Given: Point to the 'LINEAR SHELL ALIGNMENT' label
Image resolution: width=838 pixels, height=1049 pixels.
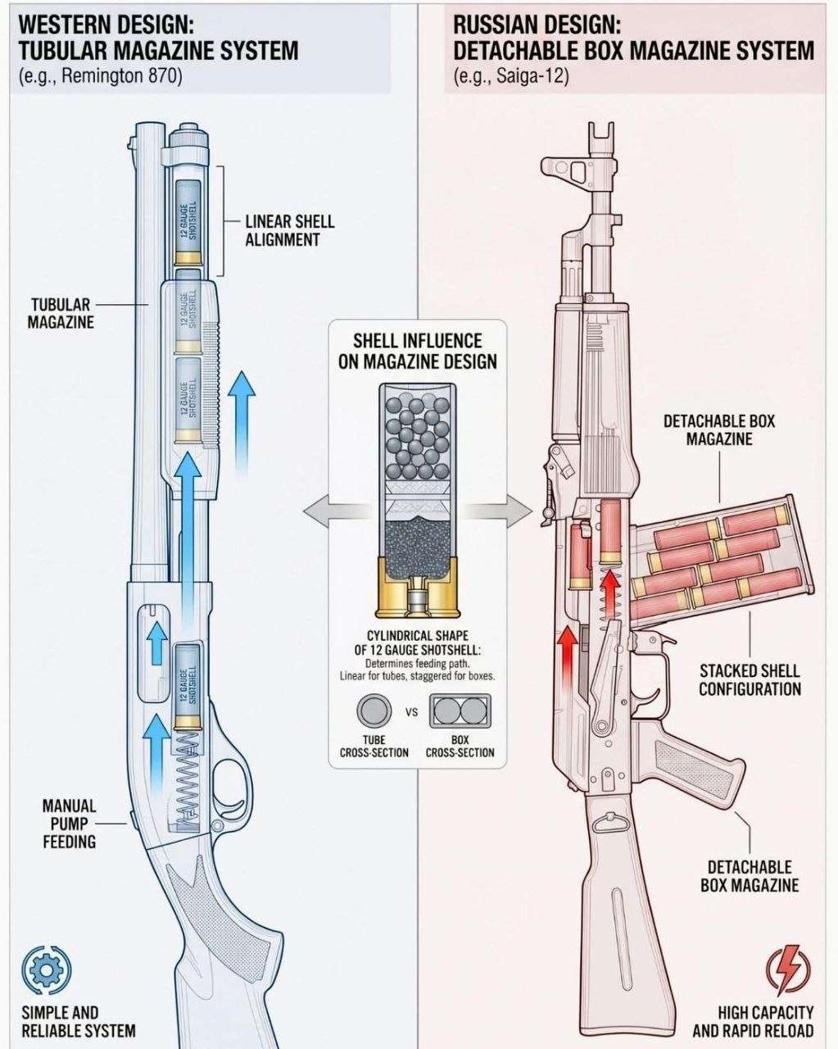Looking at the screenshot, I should [x=289, y=230].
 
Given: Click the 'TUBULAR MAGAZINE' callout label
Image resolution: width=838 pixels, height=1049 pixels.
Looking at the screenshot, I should [x=62, y=313].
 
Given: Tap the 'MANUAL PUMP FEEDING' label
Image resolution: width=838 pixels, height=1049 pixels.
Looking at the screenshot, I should [x=70, y=823].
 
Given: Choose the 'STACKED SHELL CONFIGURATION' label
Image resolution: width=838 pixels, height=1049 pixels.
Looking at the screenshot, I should [x=750, y=679].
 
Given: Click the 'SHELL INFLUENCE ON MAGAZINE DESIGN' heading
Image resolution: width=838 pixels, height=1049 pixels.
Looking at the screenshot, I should [x=417, y=351].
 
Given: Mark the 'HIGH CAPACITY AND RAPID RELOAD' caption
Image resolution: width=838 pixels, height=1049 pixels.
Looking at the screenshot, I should [x=753, y=1021].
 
